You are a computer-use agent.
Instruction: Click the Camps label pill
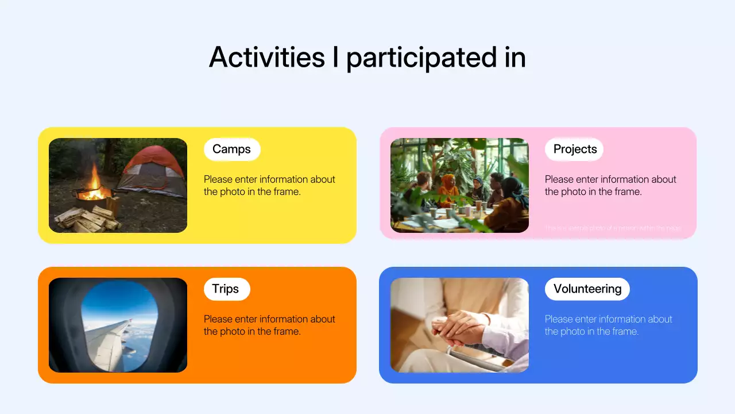click(231, 149)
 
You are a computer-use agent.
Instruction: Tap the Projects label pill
click(574, 149)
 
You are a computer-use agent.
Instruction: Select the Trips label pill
click(226, 289)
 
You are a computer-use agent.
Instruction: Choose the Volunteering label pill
click(587, 289)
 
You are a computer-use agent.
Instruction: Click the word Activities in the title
click(267, 57)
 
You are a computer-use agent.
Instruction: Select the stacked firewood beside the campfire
click(86, 218)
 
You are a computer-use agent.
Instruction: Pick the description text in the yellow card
click(269, 185)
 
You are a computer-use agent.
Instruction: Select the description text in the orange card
click(269, 325)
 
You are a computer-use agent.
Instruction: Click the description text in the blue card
click(608, 325)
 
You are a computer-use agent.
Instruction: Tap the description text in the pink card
click(610, 185)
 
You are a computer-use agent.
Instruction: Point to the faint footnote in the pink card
click(613, 228)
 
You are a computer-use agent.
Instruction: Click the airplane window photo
click(118, 325)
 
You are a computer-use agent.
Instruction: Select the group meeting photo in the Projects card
click(459, 185)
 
